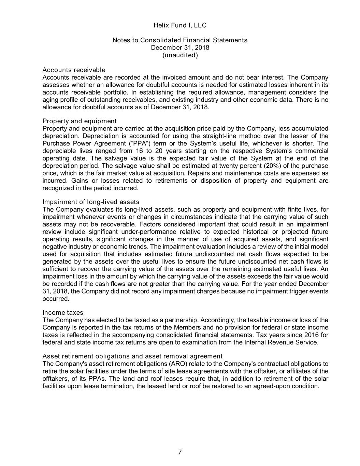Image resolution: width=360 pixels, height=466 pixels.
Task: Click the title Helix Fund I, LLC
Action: click(x=180, y=25)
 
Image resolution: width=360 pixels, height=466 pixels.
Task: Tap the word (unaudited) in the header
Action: click(x=180, y=55)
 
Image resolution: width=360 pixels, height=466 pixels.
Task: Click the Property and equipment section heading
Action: click(x=80, y=121)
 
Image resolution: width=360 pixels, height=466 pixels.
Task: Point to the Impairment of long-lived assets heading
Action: click(x=91, y=202)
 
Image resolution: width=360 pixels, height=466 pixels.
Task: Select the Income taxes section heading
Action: click(x=63, y=313)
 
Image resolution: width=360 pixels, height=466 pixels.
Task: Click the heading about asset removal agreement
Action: click(x=132, y=356)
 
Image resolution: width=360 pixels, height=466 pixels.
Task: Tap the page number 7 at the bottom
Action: click(x=180, y=452)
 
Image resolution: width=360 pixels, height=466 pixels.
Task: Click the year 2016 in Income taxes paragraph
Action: click(x=314, y=335)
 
